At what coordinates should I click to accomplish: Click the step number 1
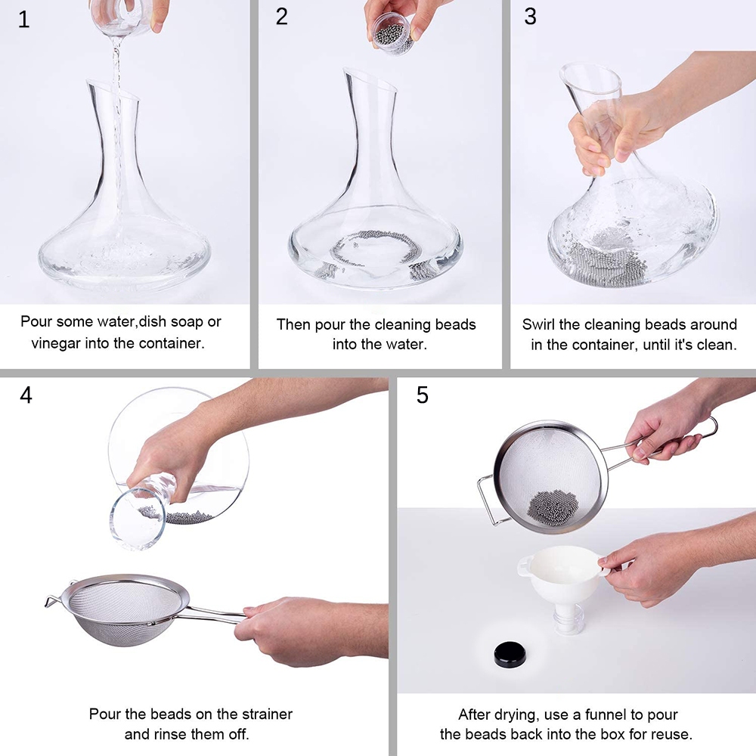tap(23, 20)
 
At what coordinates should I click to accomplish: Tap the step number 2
tap(282, 17)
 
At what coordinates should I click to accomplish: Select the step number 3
tap(531, 17)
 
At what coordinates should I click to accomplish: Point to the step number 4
tap(26, 395)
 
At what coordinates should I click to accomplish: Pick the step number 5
tap(423, 395)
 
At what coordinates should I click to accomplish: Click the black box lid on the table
tap(510, 654)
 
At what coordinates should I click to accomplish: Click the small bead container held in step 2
tap(392, 34)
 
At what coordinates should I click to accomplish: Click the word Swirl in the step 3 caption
tap(538, 324)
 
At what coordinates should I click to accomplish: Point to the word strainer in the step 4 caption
tap(267, 714)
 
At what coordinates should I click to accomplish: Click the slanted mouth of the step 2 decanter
tap(370, 80)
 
